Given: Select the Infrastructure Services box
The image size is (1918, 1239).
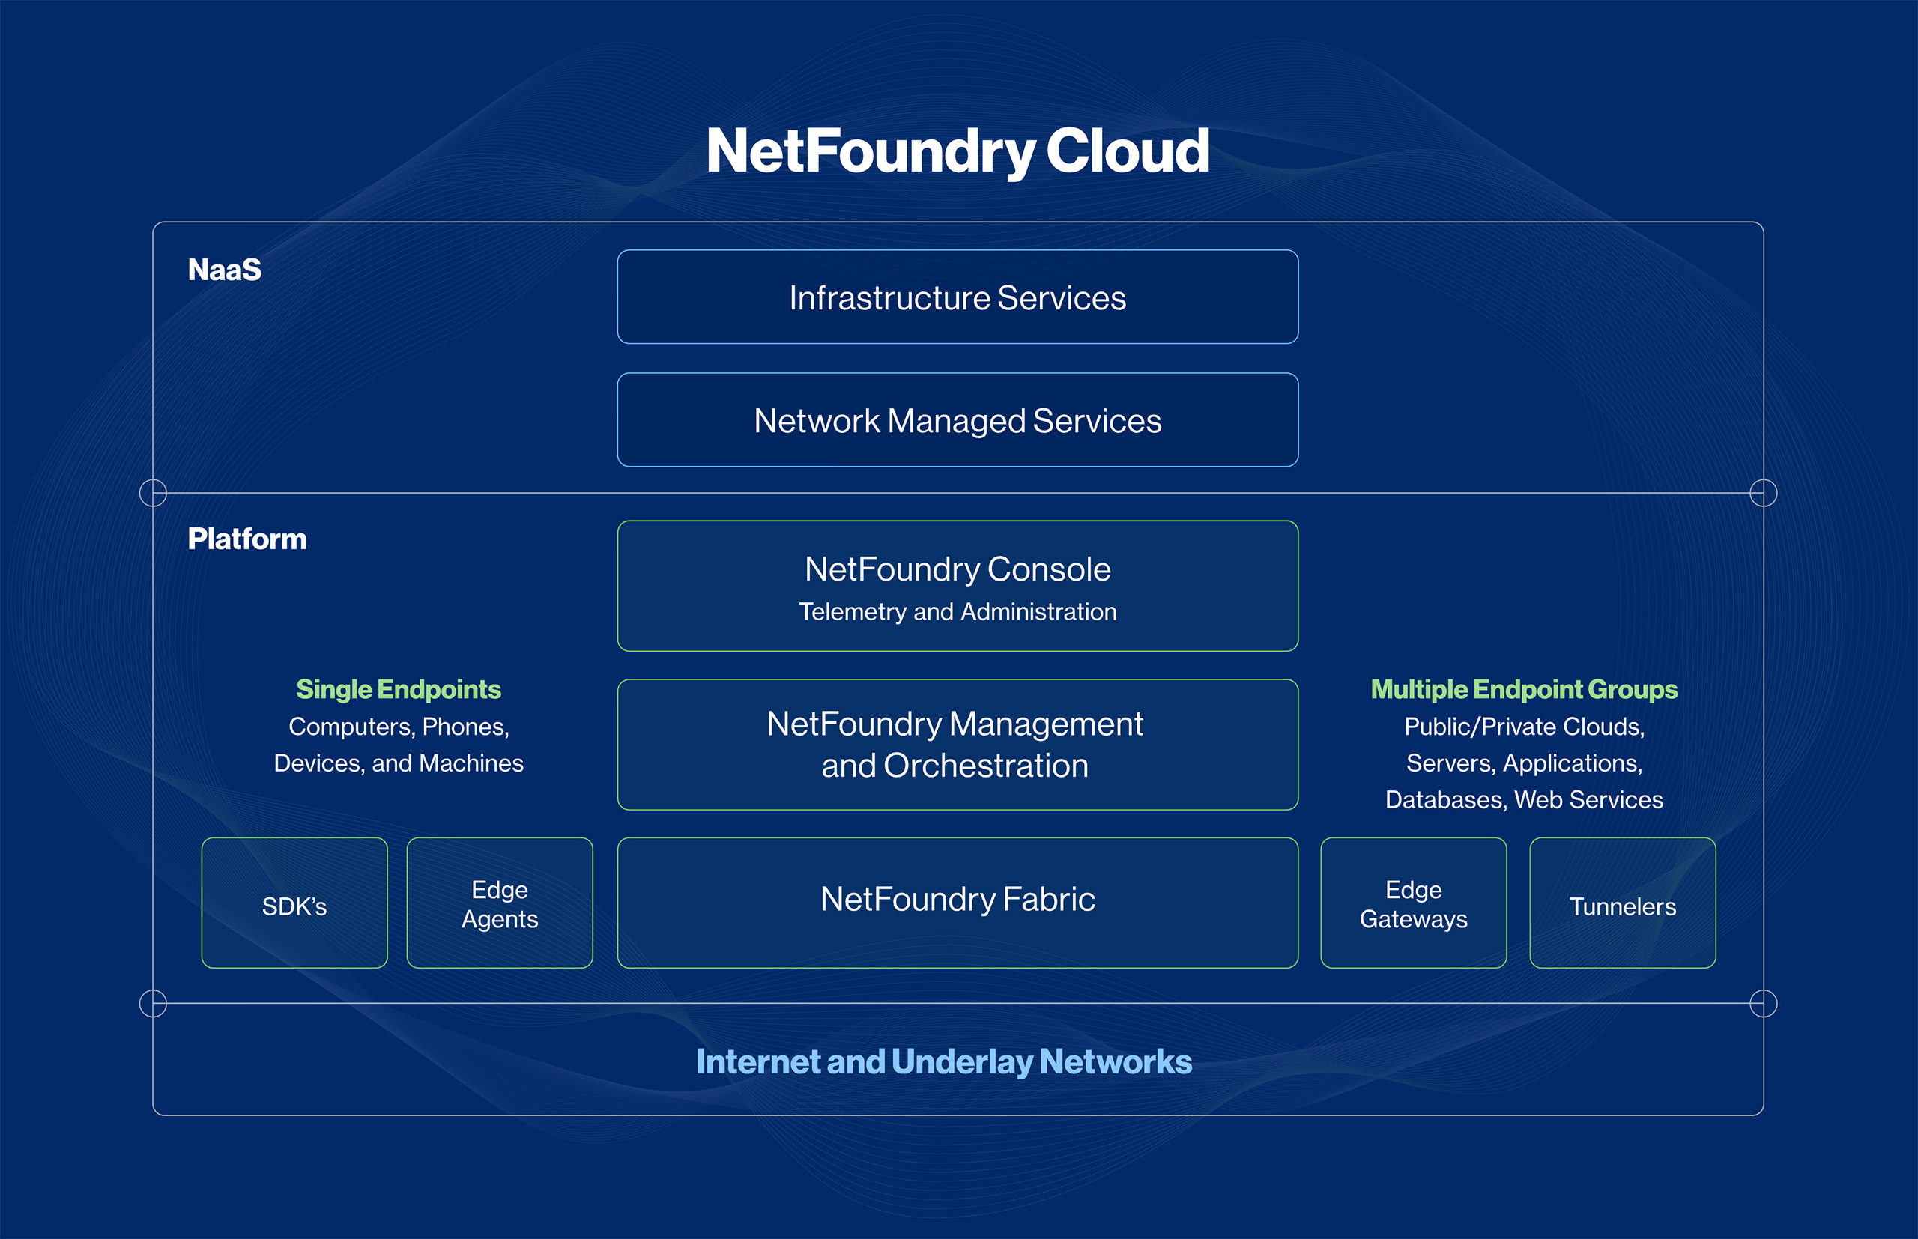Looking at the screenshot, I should tap(958, 297).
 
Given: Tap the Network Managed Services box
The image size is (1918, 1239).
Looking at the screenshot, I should tap(958, 420).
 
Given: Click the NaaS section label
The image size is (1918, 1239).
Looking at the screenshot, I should tap(225, 270).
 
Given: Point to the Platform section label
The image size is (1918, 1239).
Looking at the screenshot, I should tap(247, 539).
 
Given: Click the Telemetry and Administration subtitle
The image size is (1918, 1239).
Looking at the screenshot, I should tap(958, 612).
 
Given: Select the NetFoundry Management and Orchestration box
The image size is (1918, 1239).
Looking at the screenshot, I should tap(958, 744).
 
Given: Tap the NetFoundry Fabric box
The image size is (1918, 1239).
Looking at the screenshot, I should tap(958, 902).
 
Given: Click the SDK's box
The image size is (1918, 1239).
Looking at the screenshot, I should tap(294, 903).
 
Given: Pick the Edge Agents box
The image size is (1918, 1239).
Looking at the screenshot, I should tap(500, 903).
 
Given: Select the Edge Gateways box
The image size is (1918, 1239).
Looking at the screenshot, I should tap(1414, 903).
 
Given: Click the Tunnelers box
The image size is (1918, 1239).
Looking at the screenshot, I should tap(1623, 903).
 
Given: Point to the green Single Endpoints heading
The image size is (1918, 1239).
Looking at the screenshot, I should tap(399, 689).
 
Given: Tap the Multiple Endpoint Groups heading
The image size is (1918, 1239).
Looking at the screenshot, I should tap(1524, 689).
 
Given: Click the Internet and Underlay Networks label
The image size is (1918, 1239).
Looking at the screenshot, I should tap(944, 1062).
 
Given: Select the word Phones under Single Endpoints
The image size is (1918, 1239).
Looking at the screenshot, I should tap(465, 727).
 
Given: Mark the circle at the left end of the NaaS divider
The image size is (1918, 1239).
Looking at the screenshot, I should tap(153, 492).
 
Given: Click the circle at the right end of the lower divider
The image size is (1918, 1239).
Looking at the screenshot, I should tap(1764, 1003).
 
